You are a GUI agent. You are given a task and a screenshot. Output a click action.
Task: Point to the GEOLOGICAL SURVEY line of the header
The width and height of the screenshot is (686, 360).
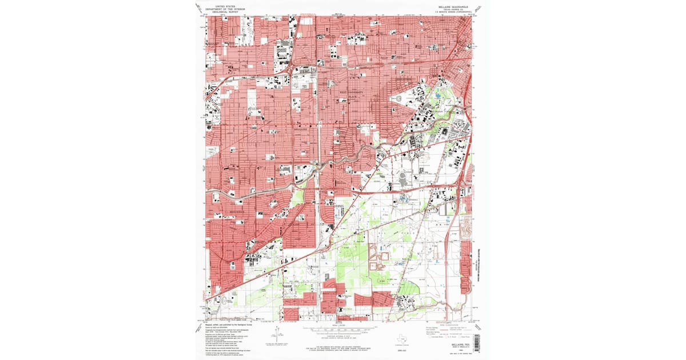click(x=220, y=12)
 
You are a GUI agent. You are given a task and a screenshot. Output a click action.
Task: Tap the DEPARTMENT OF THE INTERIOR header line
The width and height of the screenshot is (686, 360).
click(x=220, y=9)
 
